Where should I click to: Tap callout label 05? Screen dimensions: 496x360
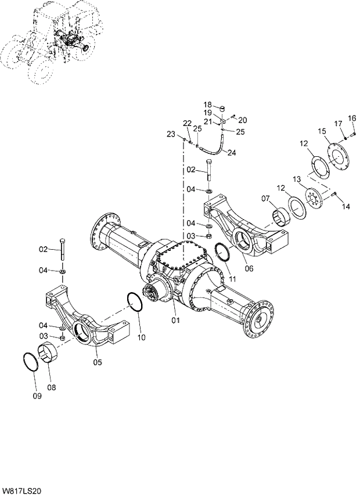click(x=98, y=362)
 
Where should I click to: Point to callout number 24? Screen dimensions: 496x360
click(x=231, y=153)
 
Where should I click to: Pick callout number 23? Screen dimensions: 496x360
click(x=171, y=135)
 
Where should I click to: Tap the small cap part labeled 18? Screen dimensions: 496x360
click(x=221, y=108)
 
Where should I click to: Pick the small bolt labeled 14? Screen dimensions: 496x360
click(x=335, y=194)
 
